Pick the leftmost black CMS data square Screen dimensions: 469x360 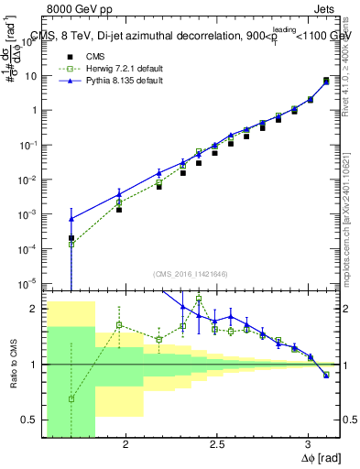coord(71,238)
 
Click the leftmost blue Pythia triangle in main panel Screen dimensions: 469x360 coord(71,219)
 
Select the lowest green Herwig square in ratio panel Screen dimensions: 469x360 coord(71,398)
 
